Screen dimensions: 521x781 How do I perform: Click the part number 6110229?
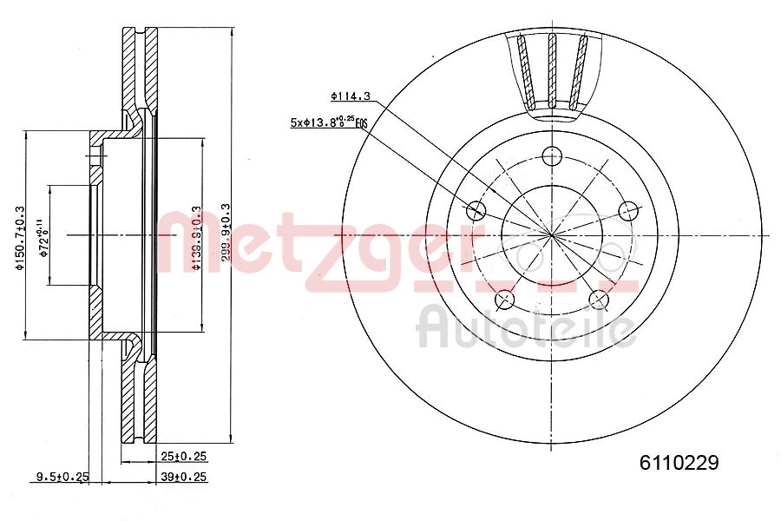coord(679,463)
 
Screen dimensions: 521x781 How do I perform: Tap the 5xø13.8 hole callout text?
coord(328,123)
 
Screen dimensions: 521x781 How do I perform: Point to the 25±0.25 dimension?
coord(183,456)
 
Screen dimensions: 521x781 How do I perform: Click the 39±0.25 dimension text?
coord(183,476)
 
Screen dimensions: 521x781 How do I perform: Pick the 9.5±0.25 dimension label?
coord(62,476)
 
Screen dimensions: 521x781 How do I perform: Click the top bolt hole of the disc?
coord(550,156)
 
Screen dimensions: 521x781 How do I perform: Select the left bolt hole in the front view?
coord(475,210)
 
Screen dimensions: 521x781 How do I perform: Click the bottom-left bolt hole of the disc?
coord(504,300)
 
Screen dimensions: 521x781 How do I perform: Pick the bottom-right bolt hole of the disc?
coord(597,300)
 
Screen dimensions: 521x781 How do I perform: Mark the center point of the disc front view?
coord(550,234)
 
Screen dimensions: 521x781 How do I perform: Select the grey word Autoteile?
coord(525,326)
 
